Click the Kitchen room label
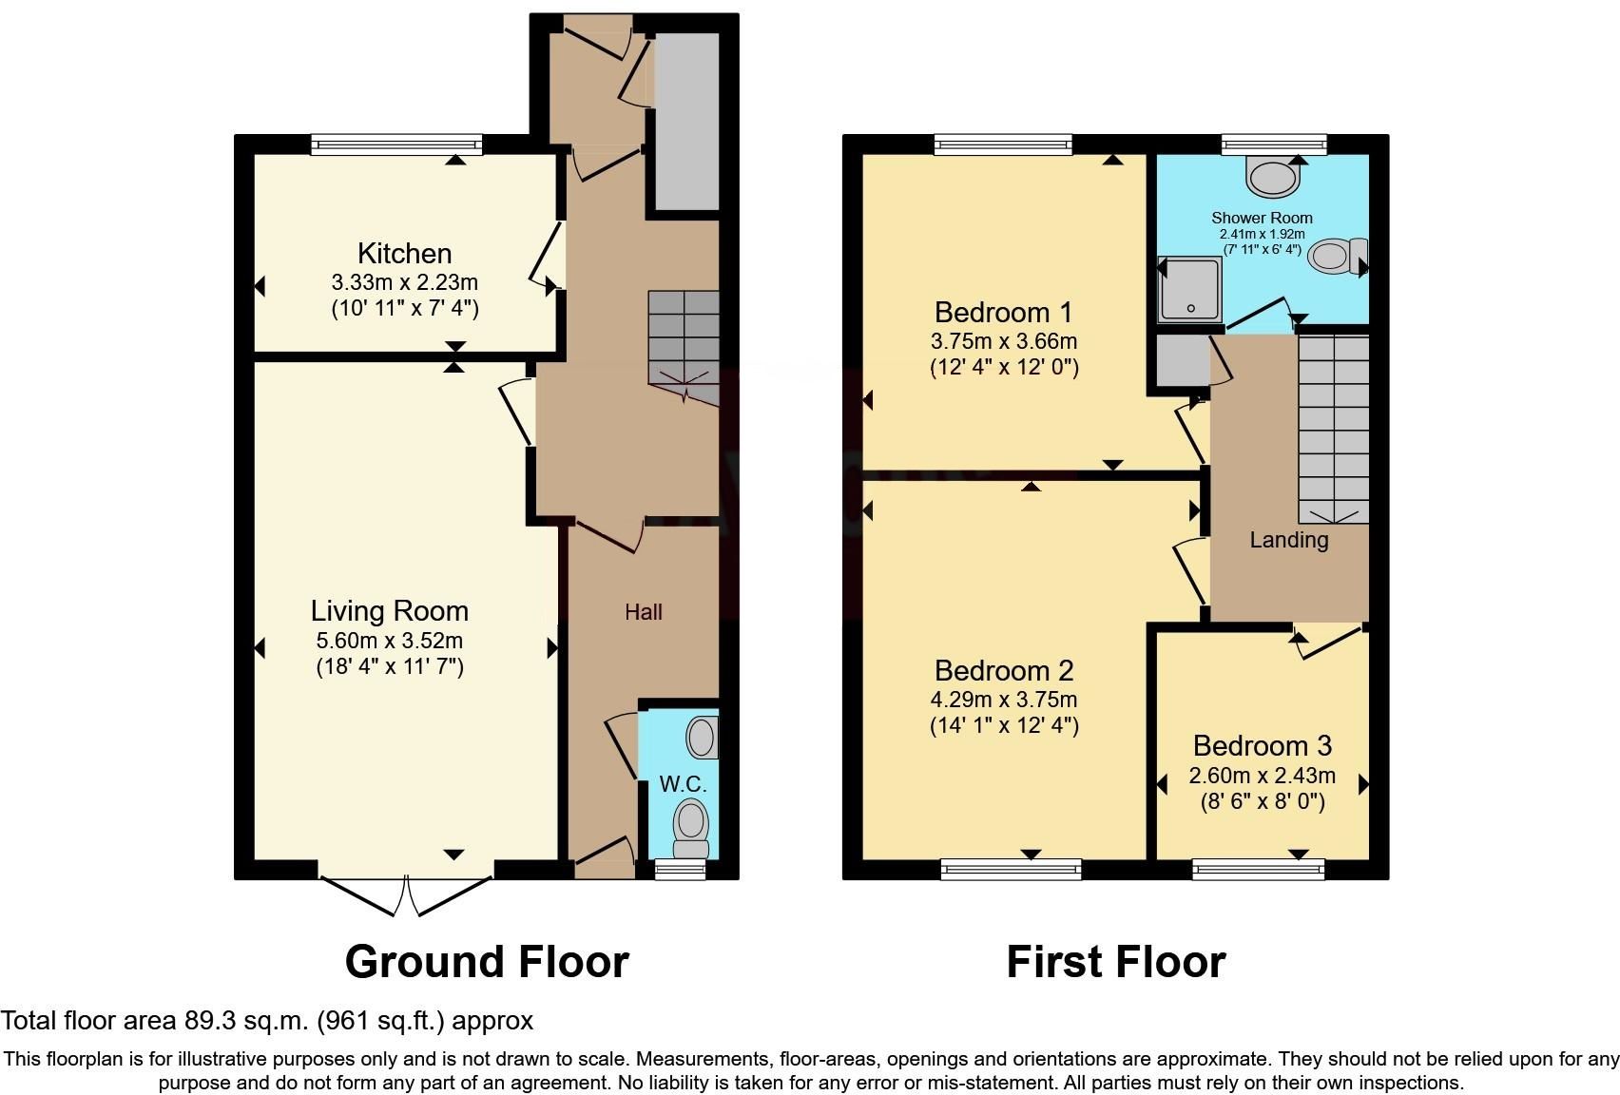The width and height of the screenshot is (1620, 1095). (x=404, y=254)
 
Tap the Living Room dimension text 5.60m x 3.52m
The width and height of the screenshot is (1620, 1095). (x=389, y=640)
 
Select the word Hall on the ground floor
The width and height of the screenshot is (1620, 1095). (x=644, y=612)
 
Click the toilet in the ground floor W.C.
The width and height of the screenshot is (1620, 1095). (x=691, y=828)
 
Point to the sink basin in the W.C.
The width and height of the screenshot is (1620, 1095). (x=703, y=737)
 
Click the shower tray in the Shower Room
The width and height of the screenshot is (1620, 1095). (x=1189, y=290)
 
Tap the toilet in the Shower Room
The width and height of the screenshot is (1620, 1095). (x=1338, y=256)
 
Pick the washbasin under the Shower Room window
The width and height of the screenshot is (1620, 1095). (x=1273, y=177)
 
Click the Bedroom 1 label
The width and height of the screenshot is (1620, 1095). (x=1004, y=313)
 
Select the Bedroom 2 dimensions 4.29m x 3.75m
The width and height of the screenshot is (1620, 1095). (x=1004, y=700)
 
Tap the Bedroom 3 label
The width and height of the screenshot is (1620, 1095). (x=1262, y=745)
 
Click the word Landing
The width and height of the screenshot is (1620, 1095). (x=1289, y=540)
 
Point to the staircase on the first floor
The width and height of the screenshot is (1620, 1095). (x=1334, y=430)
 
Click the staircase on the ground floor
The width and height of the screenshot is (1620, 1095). (x=684, y=348)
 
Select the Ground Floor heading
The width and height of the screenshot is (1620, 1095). (x=488, y=963)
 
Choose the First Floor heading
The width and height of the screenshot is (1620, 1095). (x=1116, y=963)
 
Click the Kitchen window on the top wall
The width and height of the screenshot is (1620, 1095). (x=396, y=144)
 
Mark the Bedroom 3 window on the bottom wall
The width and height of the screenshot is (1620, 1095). (x=1259, y=870)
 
